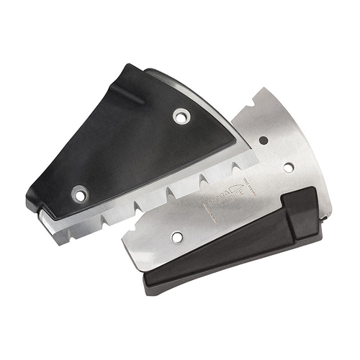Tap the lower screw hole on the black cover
[79, 193]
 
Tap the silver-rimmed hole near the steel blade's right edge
[288, 167]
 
